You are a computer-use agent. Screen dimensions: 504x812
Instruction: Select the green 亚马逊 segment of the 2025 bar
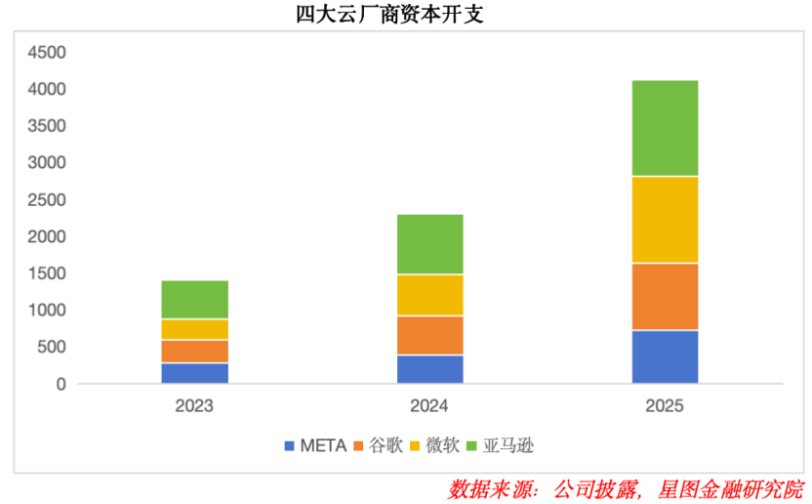(x=665, y=128)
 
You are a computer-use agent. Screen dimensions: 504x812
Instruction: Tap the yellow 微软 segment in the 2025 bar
(x=665, y=220)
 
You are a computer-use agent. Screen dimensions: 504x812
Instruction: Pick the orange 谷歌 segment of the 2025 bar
(x=665, y=297)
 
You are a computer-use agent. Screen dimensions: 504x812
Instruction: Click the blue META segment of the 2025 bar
(x=665, y=357)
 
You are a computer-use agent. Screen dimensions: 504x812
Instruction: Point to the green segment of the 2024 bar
(x=429, y=244)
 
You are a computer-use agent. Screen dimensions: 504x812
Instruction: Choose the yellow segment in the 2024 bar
(x=429, y=295)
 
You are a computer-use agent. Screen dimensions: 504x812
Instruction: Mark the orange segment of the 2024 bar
(x=429, y=335)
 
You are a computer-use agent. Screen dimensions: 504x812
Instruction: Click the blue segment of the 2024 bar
(x=429, y=369)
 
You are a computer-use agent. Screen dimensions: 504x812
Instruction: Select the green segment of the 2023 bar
(x=194, y=300)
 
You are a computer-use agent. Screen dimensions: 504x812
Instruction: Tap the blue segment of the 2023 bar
(x=194, y=373)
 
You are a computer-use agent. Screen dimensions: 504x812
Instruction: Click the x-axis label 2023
(x=194, y=406)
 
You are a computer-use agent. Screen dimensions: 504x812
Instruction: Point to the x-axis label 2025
(x=665, y=406)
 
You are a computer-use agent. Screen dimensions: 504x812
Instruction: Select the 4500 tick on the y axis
(x=47, y=52)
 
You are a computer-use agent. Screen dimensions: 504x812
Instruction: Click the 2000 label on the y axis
(x=47, y=236)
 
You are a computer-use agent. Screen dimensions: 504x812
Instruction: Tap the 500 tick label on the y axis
(x=51, y=347)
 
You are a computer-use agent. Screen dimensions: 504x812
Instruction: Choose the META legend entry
(x=315, y=446)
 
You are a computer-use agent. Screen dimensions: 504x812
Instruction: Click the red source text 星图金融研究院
(x=731, y=487)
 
